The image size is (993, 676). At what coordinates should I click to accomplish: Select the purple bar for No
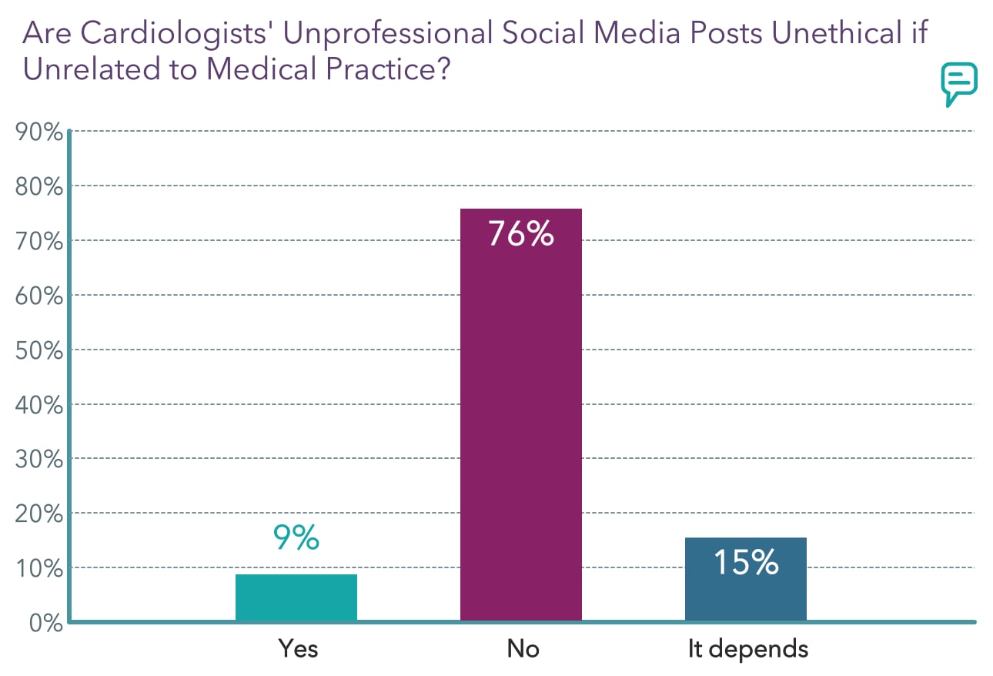520,416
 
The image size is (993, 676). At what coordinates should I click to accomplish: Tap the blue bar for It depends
745,579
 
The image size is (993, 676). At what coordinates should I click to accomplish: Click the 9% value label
296,538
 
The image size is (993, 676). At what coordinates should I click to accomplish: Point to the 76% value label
521,233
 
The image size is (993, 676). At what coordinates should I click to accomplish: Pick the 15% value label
745,563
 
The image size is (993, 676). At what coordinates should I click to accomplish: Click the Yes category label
298,648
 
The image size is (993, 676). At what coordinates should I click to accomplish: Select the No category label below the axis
523,648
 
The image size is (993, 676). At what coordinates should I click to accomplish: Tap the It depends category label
748,648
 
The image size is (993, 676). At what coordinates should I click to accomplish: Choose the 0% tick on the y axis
43,622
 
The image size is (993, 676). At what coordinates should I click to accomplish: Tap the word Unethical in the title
828,33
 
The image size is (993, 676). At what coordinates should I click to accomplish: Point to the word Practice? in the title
383,69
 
